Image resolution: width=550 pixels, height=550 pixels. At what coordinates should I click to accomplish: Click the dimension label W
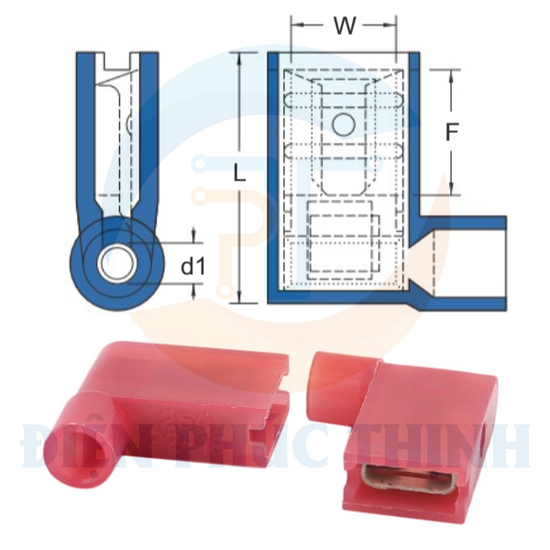click(x=345, y=26)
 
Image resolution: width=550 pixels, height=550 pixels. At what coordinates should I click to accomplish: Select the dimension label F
click(x=451, y=133)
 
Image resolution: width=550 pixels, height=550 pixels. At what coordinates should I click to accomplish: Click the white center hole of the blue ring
click(x=117, y=265)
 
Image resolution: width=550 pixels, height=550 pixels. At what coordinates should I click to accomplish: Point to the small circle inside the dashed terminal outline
click(x=344, y=125)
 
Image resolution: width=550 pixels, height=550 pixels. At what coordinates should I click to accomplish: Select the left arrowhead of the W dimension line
click(x=295, y=26)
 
